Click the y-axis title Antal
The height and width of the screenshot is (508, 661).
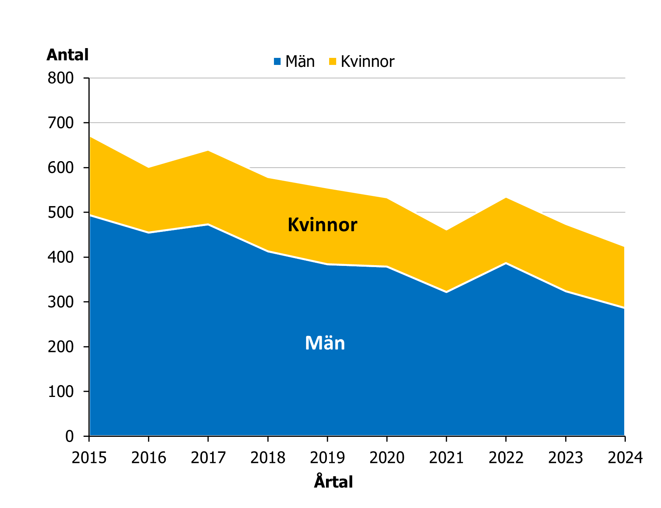coord(67,55)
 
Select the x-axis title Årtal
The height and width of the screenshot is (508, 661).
coord(333,482)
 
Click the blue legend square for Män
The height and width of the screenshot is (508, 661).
coord(277,61)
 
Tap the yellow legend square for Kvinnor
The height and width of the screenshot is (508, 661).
coord(333,61)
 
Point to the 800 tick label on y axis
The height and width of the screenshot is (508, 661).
coord(61,78)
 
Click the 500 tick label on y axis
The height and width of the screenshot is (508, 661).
coord(61,212)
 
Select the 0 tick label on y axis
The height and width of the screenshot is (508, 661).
coord(69,436)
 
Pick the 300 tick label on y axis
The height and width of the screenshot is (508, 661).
coord(61,302)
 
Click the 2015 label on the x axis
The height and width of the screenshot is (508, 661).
coord(89,458)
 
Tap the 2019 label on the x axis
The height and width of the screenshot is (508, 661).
coord(327,458)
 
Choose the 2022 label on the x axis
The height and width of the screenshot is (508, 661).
coord(506,458)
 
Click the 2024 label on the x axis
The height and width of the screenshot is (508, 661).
coord(625,458)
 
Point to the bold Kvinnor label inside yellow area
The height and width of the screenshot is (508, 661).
coord(322,225)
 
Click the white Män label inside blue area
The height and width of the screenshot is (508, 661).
coord(325,343)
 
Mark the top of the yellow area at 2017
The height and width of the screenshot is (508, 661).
coord(208,151)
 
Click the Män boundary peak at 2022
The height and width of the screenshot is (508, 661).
coord(506,263)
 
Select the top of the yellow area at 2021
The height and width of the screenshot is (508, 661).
coord(447,230)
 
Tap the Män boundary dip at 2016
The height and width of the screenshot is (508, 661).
coord(149,233)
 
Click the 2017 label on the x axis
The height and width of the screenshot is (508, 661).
coord(208,458)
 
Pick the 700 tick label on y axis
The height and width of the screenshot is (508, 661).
coord(61,123)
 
